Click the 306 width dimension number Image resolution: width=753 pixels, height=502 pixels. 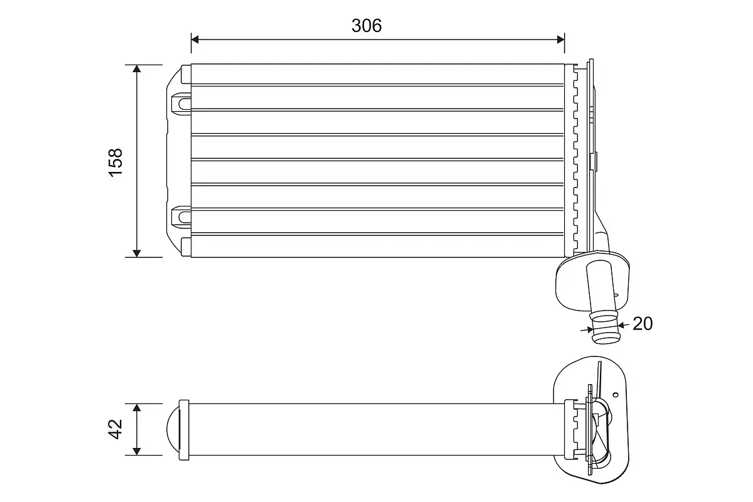(x=366, y=26)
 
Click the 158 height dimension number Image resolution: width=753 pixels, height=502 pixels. (x=116, y=162)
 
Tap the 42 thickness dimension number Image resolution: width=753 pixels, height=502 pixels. (x=116, y=430)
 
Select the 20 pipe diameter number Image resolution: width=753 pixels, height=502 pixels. (x=643, y=324)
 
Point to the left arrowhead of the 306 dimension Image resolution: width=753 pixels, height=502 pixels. (x=195, y=40)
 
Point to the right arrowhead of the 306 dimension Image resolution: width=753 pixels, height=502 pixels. (x=560, y=40)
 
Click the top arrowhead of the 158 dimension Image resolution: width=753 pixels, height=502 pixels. (x=137, y=68)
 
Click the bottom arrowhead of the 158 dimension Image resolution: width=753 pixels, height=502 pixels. (x=137, y=253)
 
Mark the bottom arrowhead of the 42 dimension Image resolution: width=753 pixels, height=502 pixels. (x=137, y=451)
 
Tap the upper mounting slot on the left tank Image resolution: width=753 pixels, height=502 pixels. (x=181, y=100)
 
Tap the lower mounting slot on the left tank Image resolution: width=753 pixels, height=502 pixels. (x=181, y=216)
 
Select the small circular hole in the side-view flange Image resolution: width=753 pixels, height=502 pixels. (x=616, y=395)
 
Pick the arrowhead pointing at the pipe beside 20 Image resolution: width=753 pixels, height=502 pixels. (x=621, y=325)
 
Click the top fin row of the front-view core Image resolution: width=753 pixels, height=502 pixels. (x=376, y=75)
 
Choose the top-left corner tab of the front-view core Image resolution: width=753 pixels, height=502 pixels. (x=185, y=73)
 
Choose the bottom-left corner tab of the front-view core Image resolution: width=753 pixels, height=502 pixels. (x=185, y=246)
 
